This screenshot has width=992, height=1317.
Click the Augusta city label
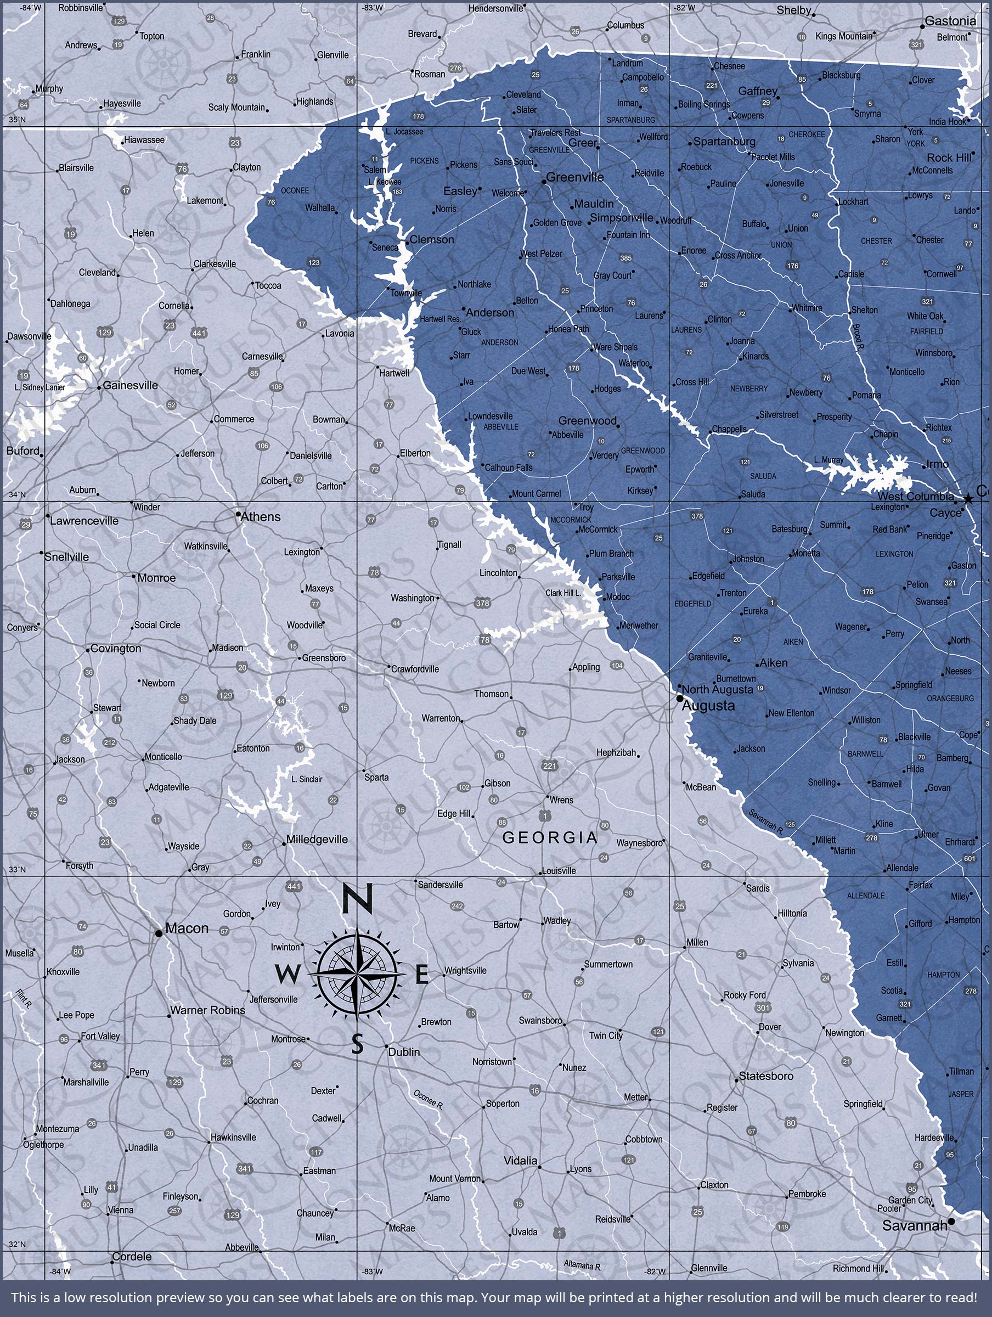tap(708, 706)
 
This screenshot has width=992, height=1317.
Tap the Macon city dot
tap(159, 933)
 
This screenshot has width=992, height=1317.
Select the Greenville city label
tap(574, 177)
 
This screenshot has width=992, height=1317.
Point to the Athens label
tap(260, 517)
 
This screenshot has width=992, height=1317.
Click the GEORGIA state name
tap(550, 838)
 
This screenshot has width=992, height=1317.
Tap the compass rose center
tap(357, 974)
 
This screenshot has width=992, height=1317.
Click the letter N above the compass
tap(357, 899)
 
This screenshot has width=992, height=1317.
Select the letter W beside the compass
tap(287, 975)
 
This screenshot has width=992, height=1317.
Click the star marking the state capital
tap(968, 498)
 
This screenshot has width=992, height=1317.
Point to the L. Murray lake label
tap(828, 460)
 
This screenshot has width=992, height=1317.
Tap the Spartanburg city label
tap(724, 142)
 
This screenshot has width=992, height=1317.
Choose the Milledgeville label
tap(317, 840)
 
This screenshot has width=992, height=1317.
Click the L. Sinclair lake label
tap(307, 779)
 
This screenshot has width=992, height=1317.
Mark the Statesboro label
tap(766, 1076)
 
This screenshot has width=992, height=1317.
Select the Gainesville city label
tap(131, 385)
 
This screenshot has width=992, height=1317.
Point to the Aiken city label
tap(773, 663)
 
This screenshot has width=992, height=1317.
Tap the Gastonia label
tap(950, 21)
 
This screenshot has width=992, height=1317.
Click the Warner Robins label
tap(207, 1010)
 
